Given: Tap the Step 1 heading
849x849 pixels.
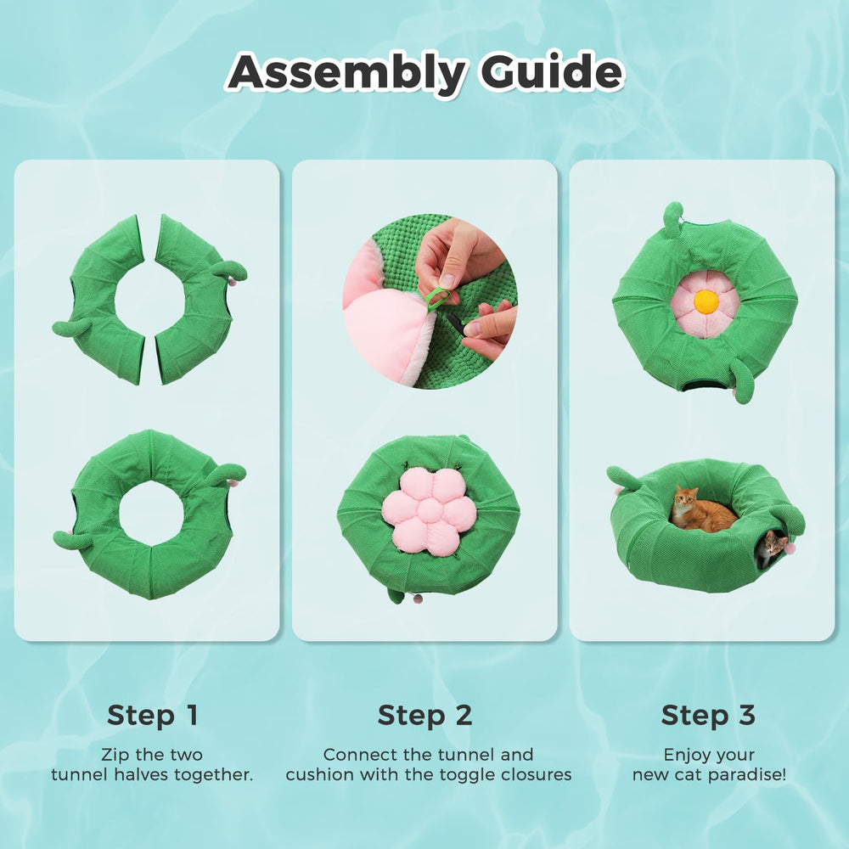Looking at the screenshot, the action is click(x=153, y=715).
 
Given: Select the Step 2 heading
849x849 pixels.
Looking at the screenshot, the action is click(x=425, y=715).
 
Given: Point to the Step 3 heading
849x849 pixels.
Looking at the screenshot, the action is click(x=708, y=715).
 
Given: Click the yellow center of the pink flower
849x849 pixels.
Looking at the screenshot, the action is click(x=706, y=301).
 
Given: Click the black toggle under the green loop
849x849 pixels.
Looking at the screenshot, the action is click(x=455, y=323).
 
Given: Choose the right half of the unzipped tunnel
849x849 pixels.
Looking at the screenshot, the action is click(x=200, y=300).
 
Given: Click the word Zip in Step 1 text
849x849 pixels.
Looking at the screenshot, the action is click(x=115, y=755).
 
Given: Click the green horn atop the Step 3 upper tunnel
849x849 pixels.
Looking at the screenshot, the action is click(x=673, y=219).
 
